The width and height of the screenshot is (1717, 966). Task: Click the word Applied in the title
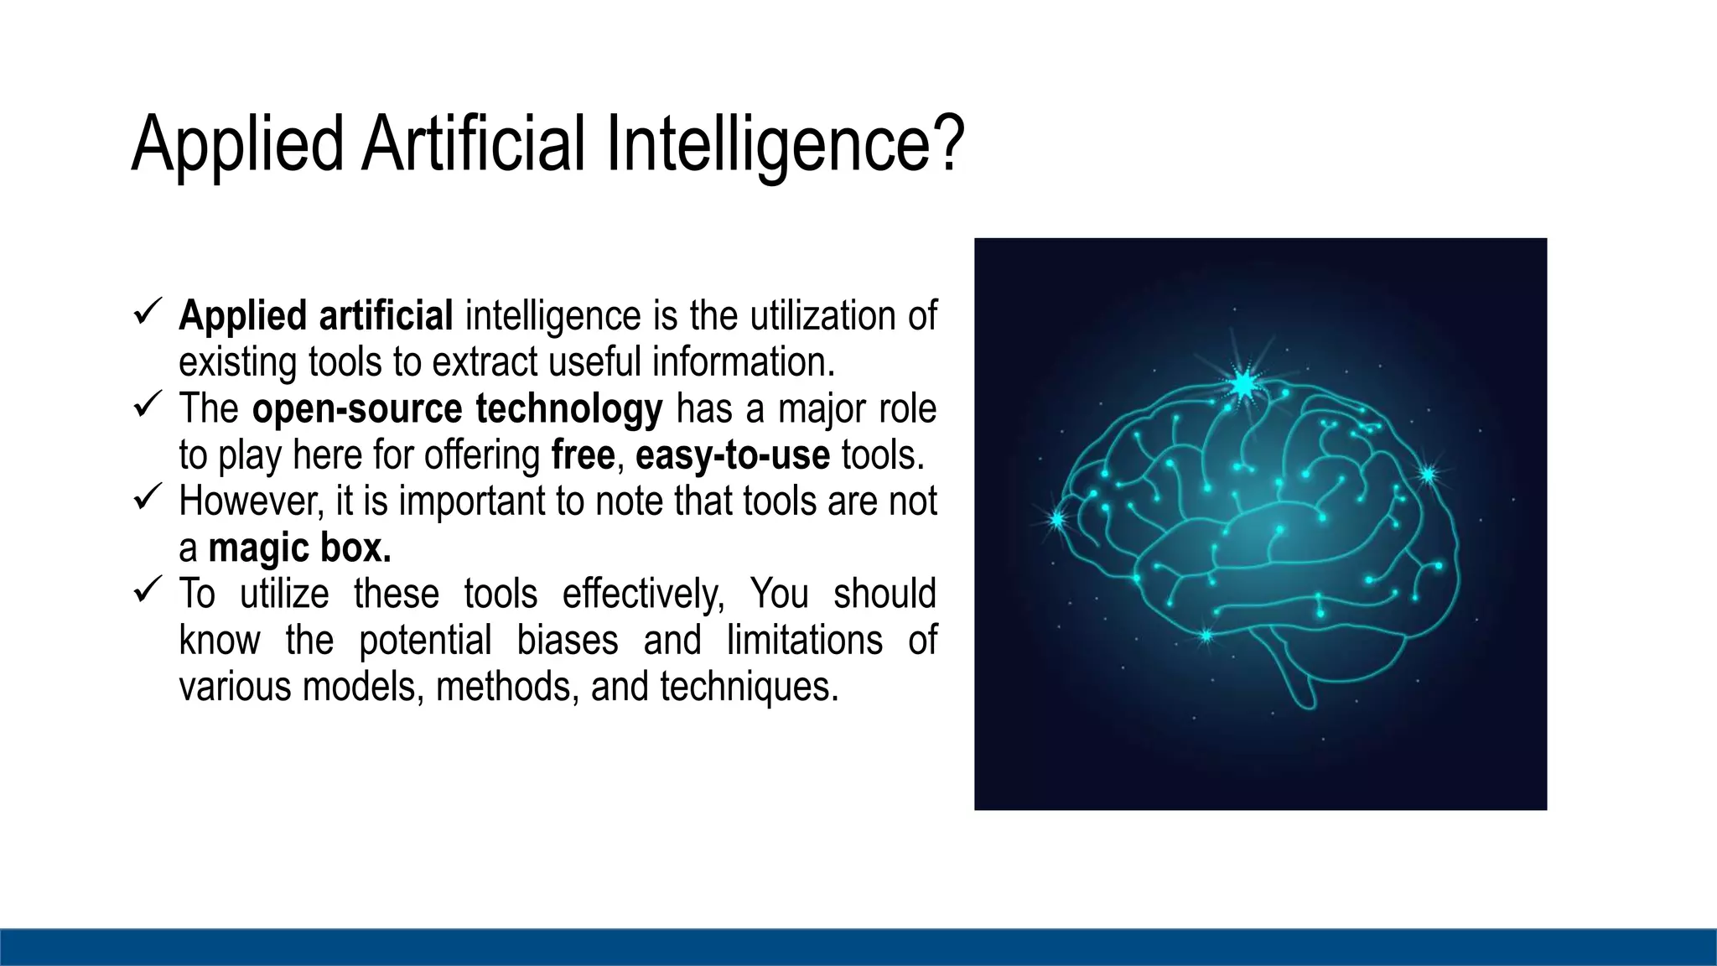coord(237,144)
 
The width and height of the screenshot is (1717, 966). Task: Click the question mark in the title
coord(948,144)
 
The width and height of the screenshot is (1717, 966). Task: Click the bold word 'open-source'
coord(356,409)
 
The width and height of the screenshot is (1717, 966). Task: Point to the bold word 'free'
coord(584,455)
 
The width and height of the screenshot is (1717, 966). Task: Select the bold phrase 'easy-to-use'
coord(733,455)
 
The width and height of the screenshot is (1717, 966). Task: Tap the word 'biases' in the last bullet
coord(568,641)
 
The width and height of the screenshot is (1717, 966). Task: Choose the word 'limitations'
coord(804,641)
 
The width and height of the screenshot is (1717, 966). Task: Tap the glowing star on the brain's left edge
coord(1057,520)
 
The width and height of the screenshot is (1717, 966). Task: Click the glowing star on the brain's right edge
coord(1428,475)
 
